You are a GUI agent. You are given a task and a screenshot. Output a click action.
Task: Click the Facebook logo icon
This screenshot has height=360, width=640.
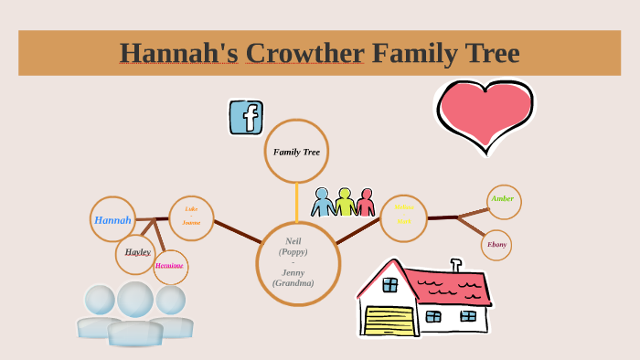pos(246,117)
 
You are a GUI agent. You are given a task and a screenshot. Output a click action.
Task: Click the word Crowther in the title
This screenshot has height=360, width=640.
pos(304,53)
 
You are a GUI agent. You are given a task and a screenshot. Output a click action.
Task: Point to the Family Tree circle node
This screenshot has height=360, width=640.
pos(296,152)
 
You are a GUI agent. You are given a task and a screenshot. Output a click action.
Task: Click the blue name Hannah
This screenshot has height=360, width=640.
pos(112,219)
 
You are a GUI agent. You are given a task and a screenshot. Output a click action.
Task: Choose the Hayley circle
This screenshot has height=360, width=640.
pos(137,252)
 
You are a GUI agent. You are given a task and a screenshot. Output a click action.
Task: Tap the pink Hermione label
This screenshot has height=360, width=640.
pos(169,266)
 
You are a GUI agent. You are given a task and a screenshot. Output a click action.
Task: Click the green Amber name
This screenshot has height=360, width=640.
pos(503,199)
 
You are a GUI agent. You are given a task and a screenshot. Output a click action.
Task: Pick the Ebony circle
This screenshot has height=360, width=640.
pos(496,245)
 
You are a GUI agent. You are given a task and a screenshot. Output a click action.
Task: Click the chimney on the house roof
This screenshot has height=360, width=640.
pos(456,266)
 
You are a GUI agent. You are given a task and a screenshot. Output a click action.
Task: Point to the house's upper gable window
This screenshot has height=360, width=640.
pos(390,284)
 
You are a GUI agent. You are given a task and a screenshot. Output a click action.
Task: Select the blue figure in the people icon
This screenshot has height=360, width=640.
pos(323,203)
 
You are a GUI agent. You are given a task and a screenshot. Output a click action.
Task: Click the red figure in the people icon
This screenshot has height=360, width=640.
pos(366,203)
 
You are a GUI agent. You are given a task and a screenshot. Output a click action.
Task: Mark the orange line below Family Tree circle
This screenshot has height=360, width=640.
pos(296,202)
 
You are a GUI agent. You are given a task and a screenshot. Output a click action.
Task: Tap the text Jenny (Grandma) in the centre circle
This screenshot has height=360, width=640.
pos(293,278)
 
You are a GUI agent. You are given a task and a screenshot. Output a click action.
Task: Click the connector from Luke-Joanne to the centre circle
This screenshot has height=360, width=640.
pos(237,232)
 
